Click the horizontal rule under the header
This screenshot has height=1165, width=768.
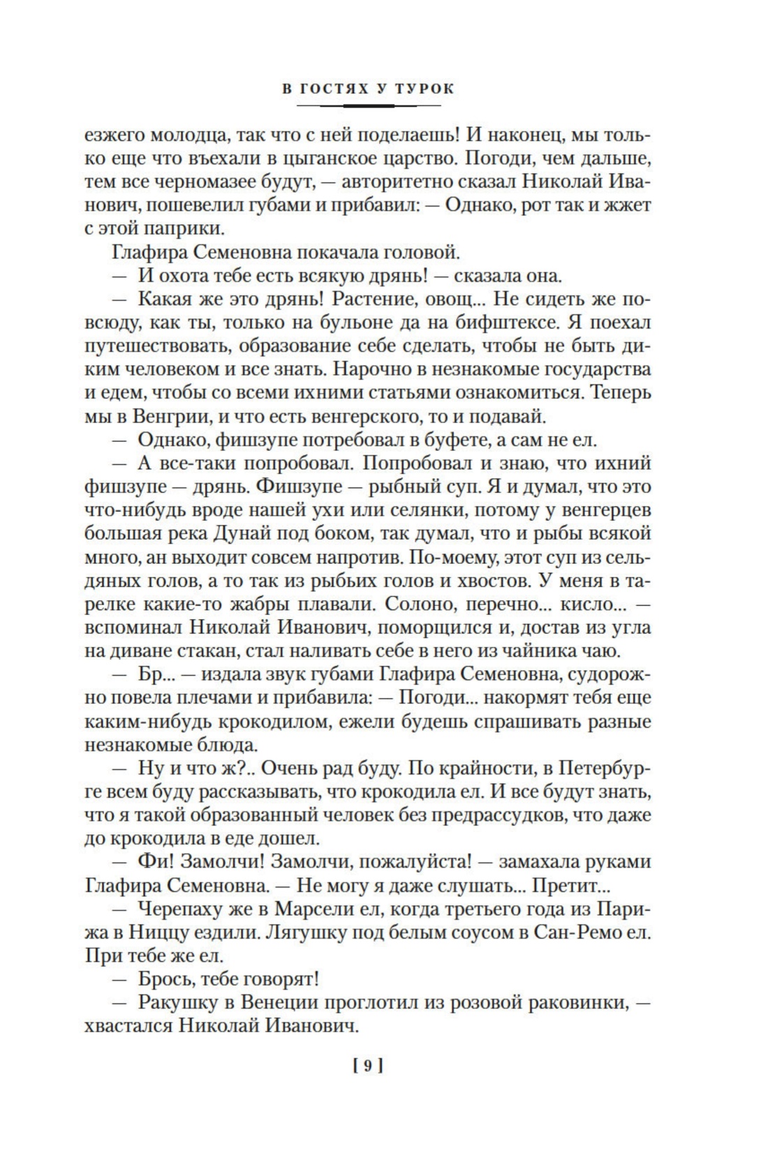[369, 105]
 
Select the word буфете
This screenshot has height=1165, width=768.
[468, 440]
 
